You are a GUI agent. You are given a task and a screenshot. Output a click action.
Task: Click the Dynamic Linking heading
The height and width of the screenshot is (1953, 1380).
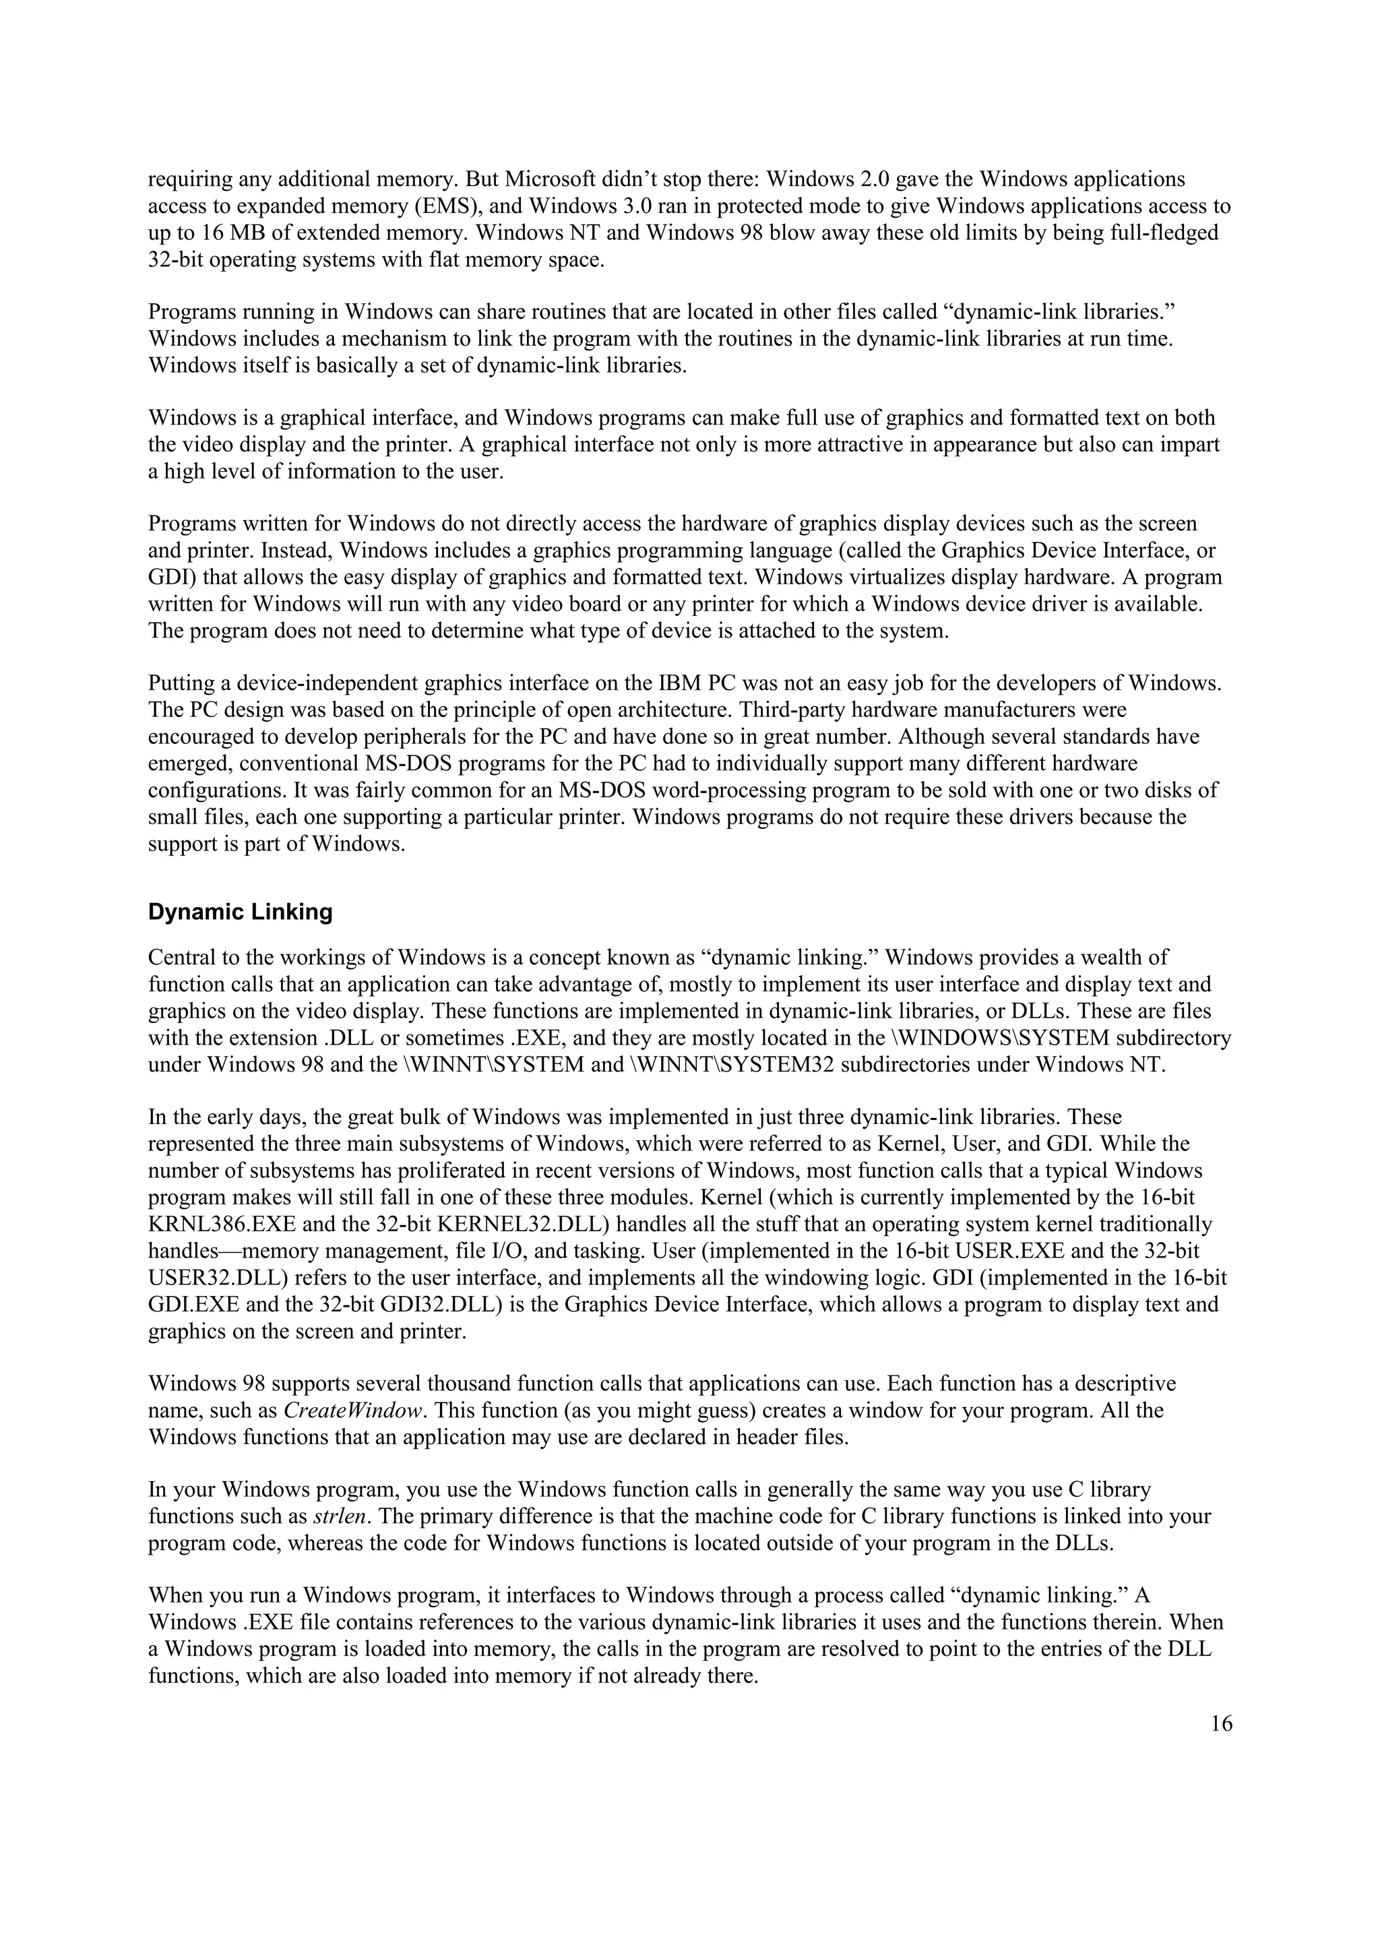[x=240, y=912]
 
